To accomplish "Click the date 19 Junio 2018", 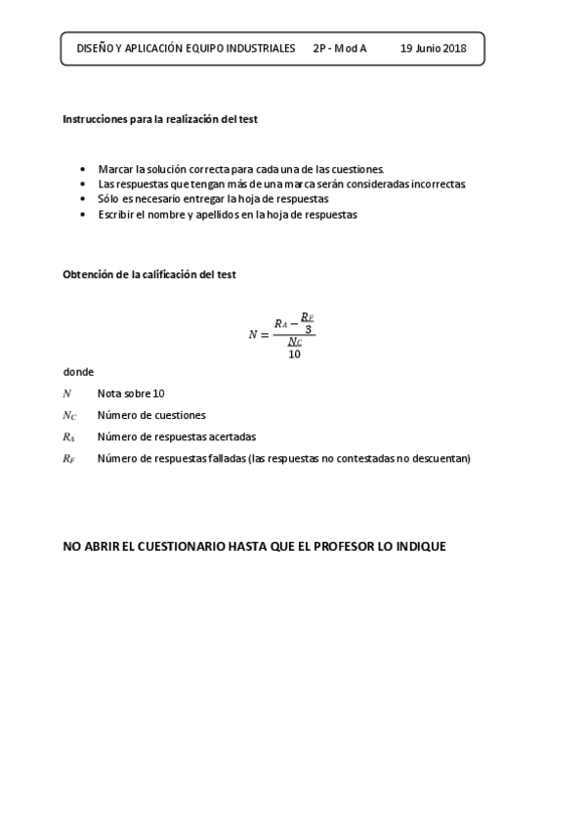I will point(434,48).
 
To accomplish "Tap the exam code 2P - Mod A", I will point(340,48).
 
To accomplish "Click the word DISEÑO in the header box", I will point(95,48).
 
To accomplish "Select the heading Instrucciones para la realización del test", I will point(159,118).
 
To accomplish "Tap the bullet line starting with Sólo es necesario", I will point(213,198).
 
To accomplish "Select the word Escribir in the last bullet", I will point(118,214).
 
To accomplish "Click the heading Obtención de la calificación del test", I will point(148,274).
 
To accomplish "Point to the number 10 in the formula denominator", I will point(294,354).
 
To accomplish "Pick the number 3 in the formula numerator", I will point(308,329).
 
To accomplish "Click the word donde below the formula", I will point(78,372).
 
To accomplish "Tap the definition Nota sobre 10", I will point(131,393).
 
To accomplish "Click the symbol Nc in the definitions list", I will point(68,415).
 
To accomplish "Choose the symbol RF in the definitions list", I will point(68,458).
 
